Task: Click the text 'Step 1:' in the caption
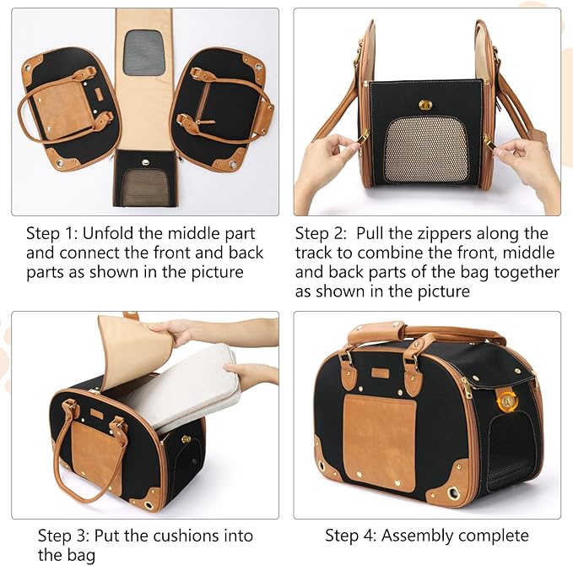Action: pos(53,234)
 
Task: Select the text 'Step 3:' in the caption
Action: pos(65,536)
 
